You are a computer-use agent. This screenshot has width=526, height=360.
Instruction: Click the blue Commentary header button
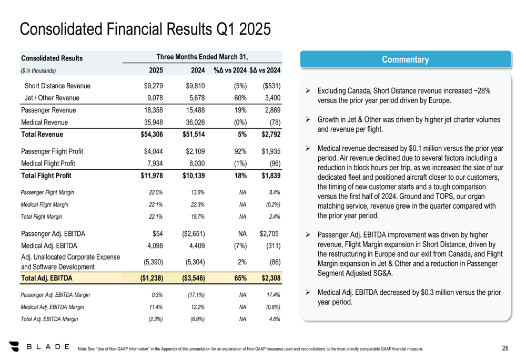coord(405,60)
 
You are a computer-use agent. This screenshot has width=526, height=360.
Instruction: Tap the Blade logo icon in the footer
coord(14,346)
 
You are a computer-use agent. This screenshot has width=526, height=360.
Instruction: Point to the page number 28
coord(505,348)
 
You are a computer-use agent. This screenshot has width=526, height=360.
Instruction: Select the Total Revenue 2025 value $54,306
coord(151,135)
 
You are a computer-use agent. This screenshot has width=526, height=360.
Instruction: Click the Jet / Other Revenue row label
coord(52,98)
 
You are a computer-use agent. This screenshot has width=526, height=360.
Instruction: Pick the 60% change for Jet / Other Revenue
coord(240,98)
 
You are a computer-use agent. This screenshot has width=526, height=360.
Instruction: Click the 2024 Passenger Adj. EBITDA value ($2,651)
coord(194,234)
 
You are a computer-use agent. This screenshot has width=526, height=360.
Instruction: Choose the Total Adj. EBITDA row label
coord(47,278)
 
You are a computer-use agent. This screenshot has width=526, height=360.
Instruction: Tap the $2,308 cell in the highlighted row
coord(271,278)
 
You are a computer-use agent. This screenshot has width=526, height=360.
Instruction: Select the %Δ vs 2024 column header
coord(230,70)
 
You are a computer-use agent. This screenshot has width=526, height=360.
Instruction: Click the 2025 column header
coord(156,70)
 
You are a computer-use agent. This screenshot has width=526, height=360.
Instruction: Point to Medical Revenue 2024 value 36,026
coord(195,122)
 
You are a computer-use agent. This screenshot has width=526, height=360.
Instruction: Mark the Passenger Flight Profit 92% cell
coord(240,151)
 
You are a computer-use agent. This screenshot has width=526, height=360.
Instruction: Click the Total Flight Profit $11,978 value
coord(151,176)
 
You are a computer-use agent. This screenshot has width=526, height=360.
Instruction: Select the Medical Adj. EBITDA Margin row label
coord(52,307)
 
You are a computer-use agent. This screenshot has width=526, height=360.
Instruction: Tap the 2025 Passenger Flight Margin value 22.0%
coord(156,192)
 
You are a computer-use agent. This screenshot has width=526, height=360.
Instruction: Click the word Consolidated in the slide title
coord(62,29)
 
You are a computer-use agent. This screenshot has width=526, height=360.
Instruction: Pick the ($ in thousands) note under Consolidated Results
coord(38,71)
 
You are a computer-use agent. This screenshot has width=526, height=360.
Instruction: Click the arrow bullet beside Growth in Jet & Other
coord(308,120)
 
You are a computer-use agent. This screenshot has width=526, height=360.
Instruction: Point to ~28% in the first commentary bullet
coord(482,91)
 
